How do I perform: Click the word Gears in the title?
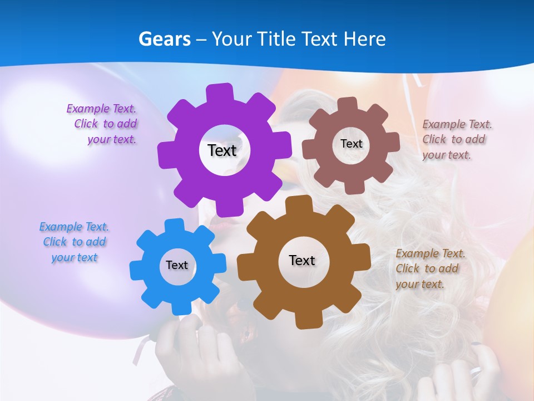[x=165, y=39]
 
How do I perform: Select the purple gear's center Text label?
[x=222, y=150]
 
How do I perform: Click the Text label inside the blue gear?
[x=177, y=265]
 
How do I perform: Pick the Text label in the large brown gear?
[x=302, y=260]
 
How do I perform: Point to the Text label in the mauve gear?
[x=352, y=144]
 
